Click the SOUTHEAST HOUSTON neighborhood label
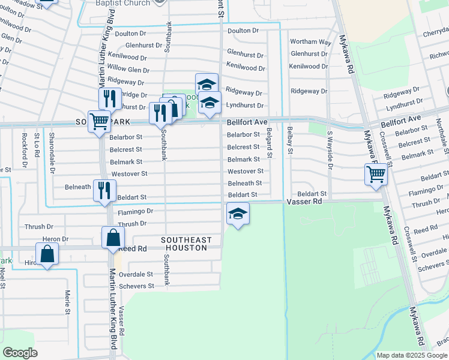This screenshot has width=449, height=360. [187, 244]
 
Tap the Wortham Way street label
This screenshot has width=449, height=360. [310, 42]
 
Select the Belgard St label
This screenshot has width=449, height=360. [270, 143]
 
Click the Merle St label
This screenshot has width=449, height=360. [67, 301]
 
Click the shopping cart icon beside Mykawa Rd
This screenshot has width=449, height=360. [376, 175]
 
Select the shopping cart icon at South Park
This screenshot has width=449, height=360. [99, 121]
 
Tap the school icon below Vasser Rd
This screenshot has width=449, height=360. [238, 214]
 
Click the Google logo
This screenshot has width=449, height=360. [20, 353]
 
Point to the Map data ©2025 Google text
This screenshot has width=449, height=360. [412, 355]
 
